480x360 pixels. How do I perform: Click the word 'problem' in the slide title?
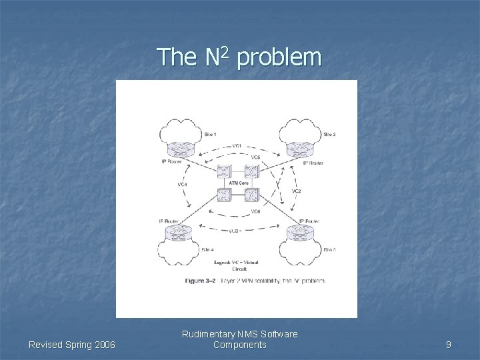click(279, 58)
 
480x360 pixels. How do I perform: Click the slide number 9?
click(449, 345)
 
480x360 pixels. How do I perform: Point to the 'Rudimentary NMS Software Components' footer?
click(240, 339)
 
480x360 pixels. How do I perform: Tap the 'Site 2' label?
click(329, 134)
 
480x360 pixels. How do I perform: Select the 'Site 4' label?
click(207, 249)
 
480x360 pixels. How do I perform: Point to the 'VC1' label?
click(237, 145)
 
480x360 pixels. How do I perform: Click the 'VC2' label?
click(296, 191)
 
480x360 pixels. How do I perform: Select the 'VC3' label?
click(234, 231)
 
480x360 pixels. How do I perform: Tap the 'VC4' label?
click(182, 184)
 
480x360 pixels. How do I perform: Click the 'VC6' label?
click(255, 211)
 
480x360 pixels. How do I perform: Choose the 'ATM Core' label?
click(239, 183)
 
